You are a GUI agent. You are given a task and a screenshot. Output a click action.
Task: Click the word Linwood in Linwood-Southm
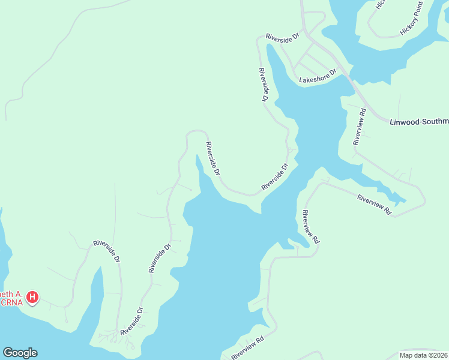406,121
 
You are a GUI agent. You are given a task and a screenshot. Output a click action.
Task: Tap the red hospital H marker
34,297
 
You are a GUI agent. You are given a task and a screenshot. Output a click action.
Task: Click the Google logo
20,353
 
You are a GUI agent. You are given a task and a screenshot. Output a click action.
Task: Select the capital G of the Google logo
8,353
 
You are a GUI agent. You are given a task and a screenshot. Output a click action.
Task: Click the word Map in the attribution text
406,355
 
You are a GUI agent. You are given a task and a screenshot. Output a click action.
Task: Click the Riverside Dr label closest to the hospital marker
107,252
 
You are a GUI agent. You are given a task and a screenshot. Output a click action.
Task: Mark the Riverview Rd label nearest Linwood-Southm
360,127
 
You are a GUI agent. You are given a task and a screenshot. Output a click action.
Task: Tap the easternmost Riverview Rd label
374,205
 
